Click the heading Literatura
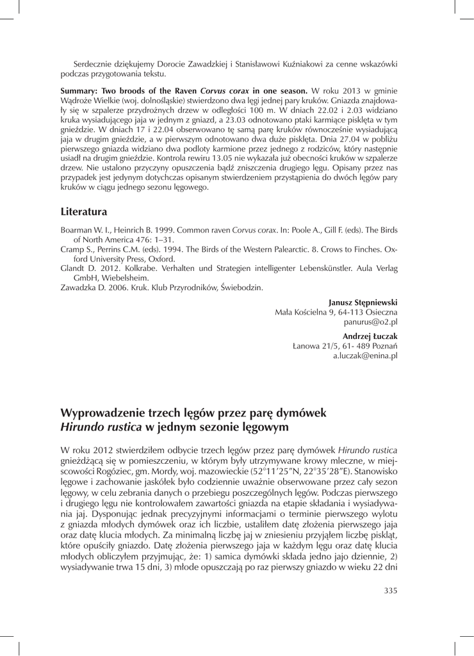[x=85, y=210]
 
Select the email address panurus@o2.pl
[x=371, y=322]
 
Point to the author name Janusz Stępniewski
[x=363, y=301]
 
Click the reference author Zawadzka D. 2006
[x=96, y=288]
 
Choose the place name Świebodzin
[x=240, y=288]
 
